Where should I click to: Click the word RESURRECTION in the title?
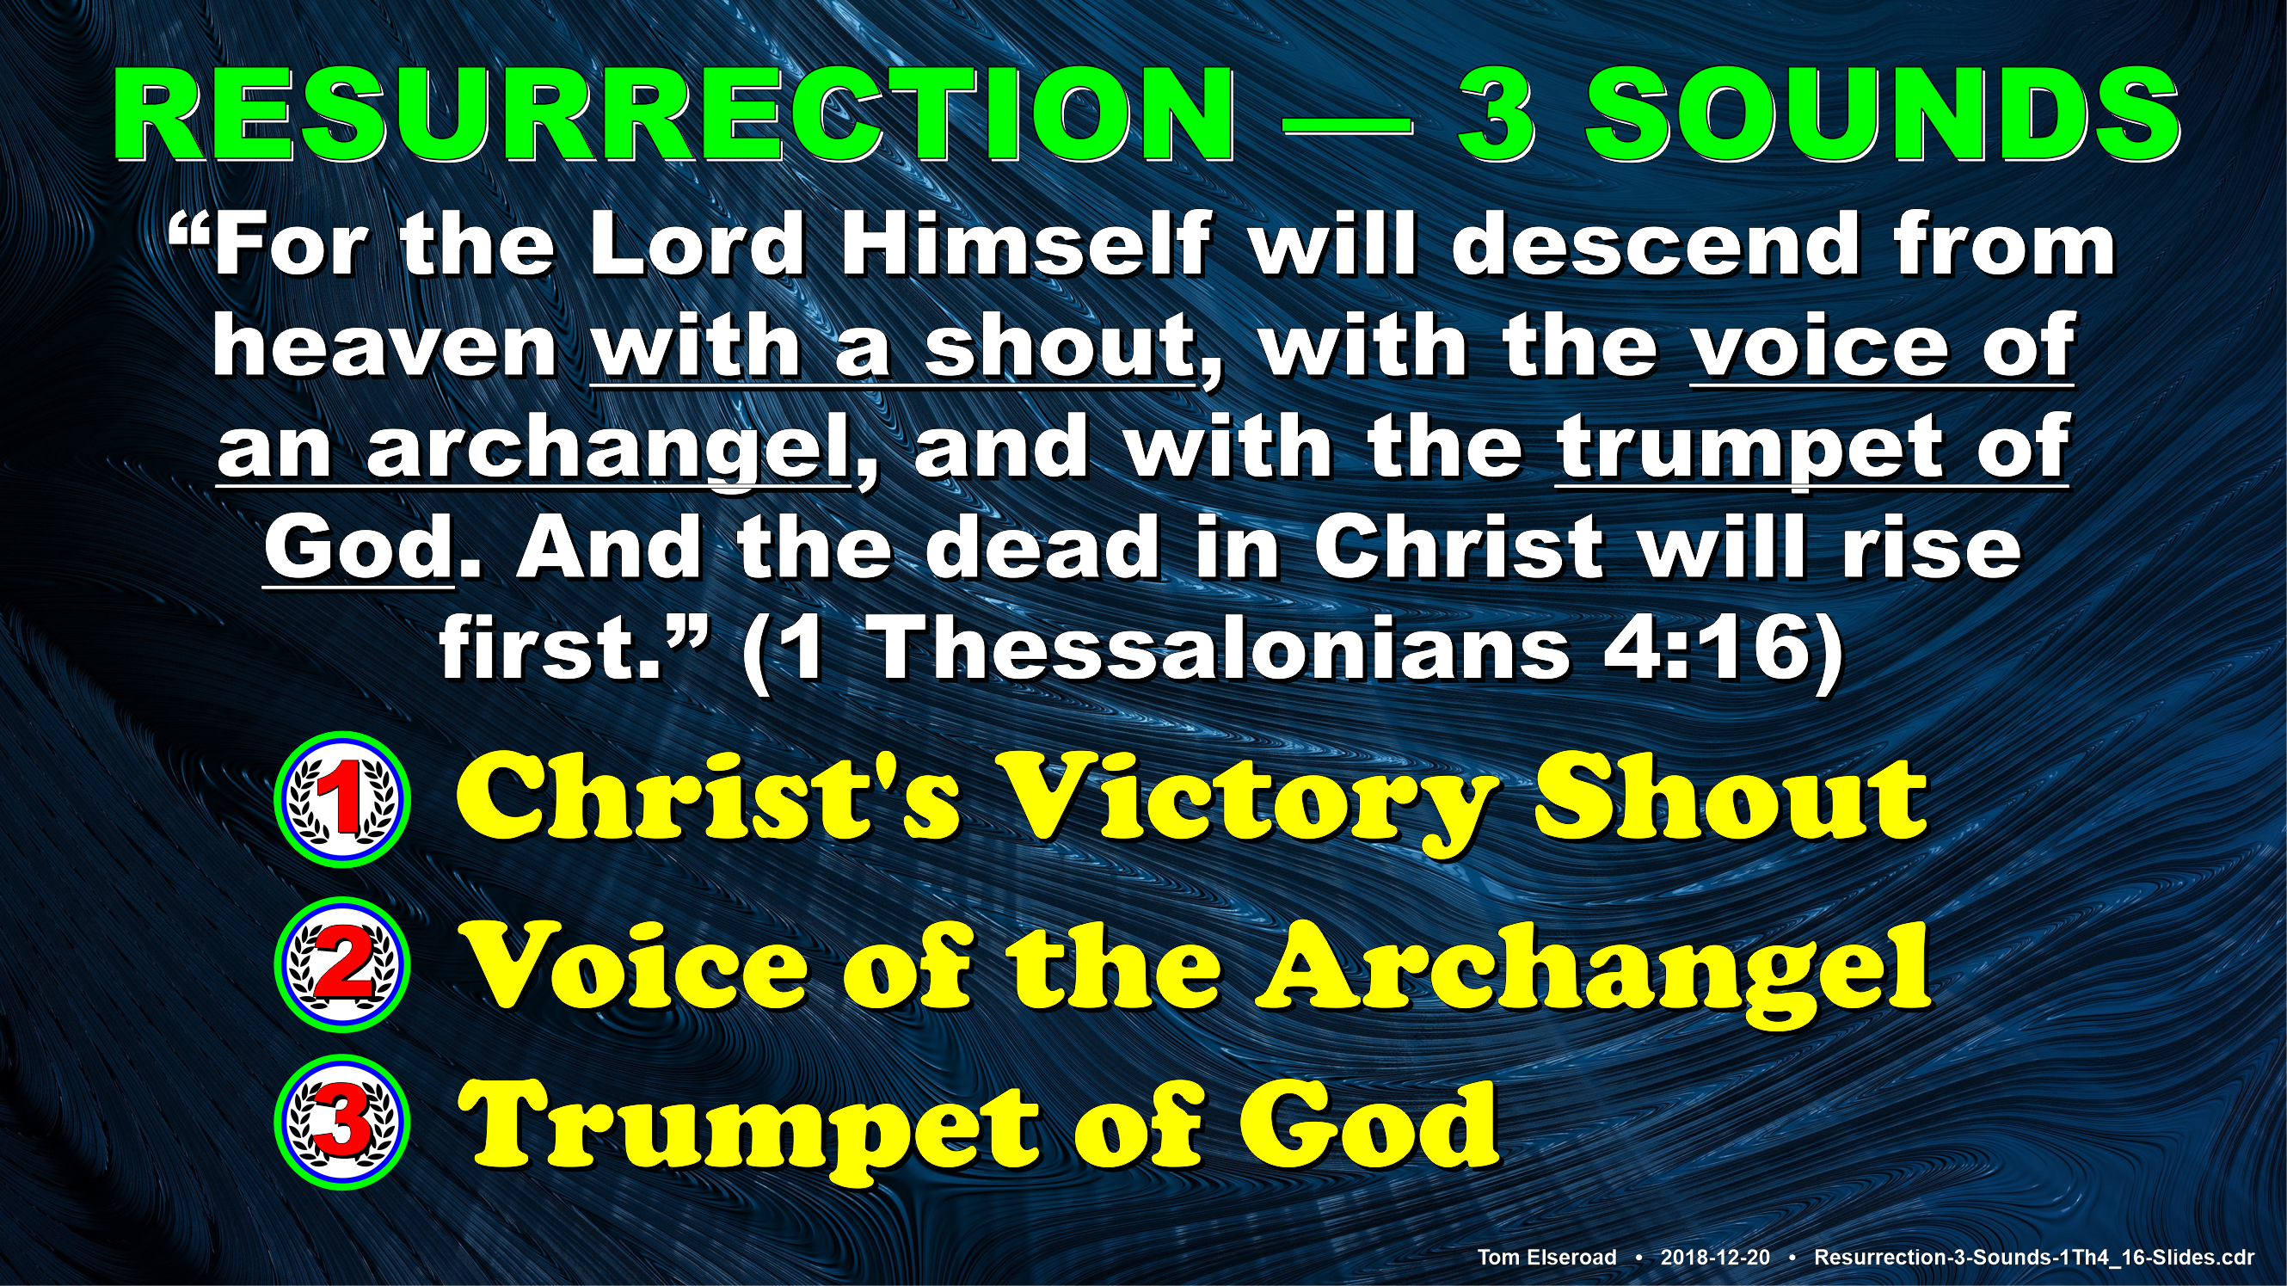point(674,115)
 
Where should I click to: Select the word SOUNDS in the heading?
point(1883,115)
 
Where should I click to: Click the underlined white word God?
point(359,548)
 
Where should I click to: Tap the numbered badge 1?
point(342,799)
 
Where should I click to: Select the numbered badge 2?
point(342,964)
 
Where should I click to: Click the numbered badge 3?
point(342,1122)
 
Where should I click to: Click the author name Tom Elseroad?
point(1546,1257)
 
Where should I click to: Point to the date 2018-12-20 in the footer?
point(1715,1257)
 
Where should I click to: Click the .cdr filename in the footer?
point(2034,1257)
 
